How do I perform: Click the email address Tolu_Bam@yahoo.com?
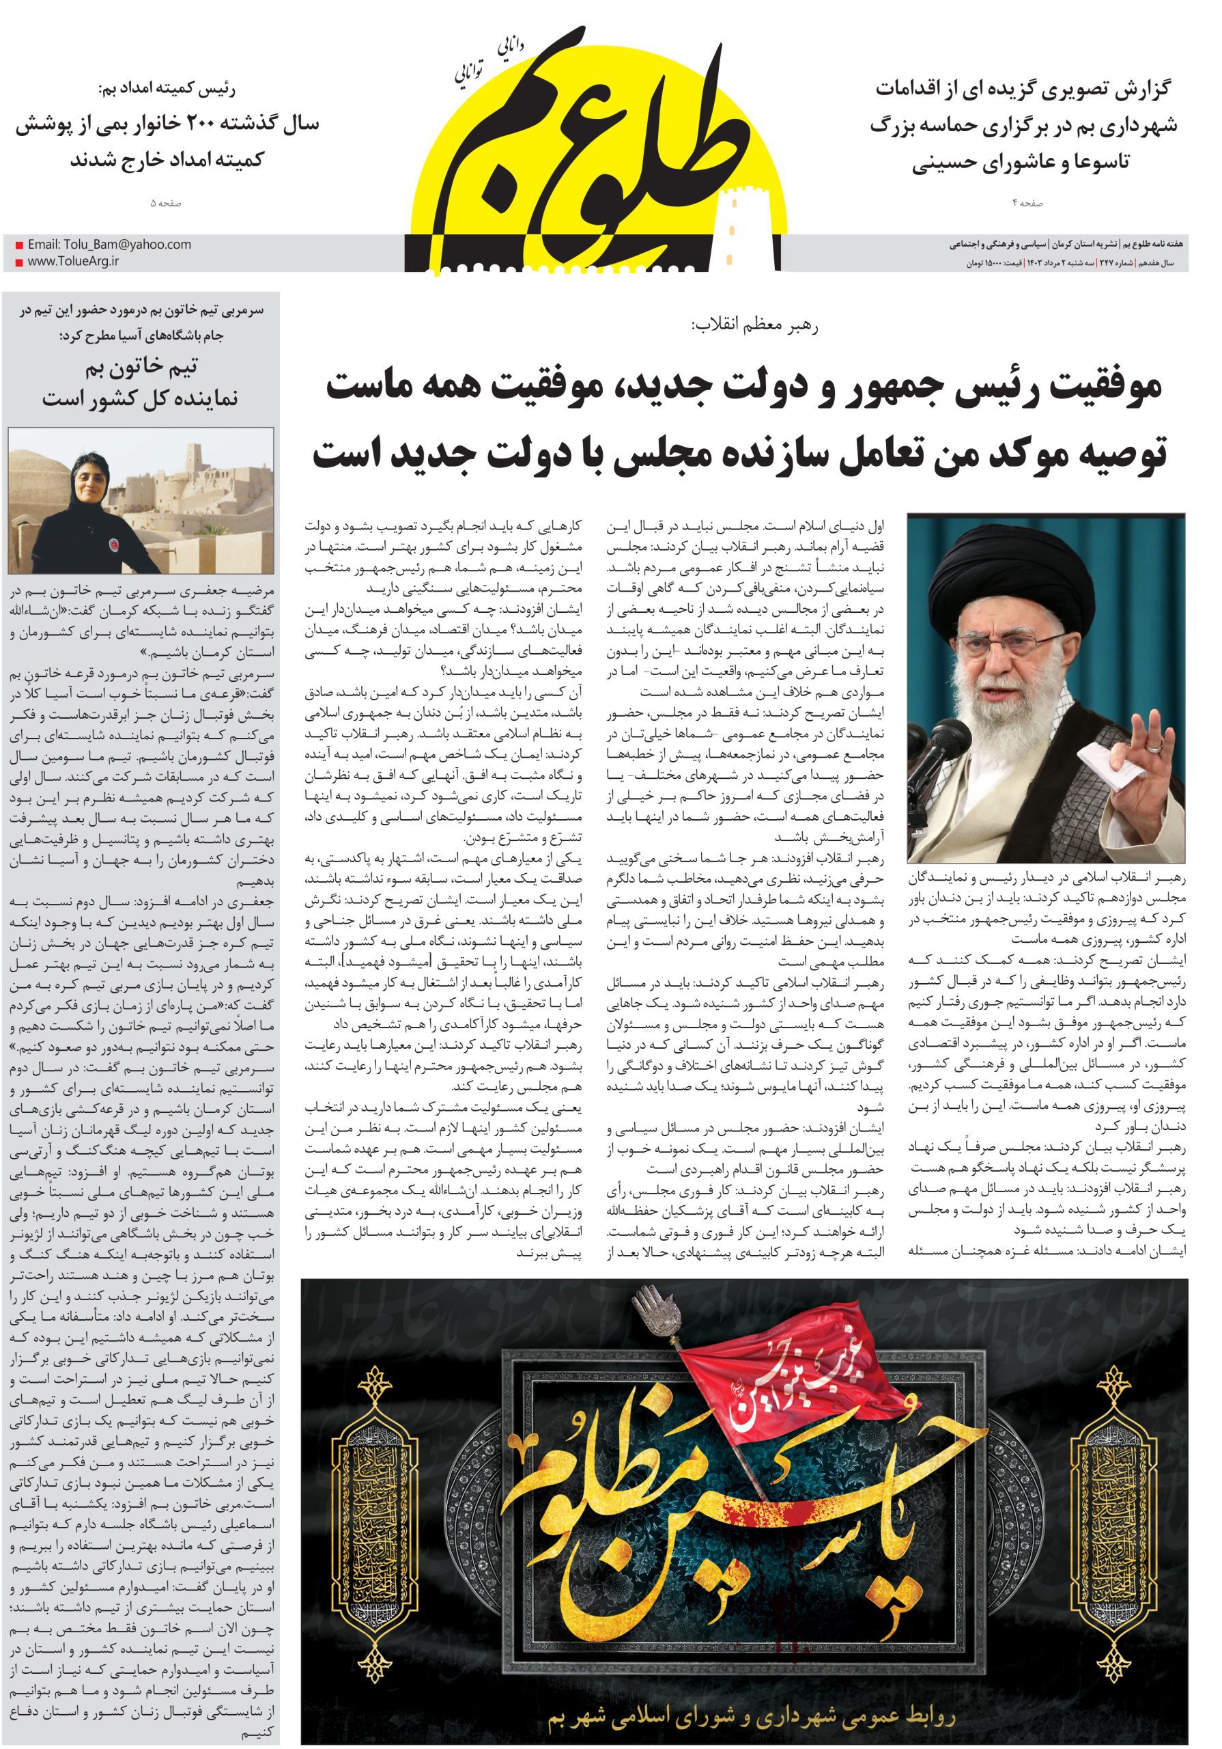(109, 245)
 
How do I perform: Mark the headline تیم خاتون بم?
(141, 369)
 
